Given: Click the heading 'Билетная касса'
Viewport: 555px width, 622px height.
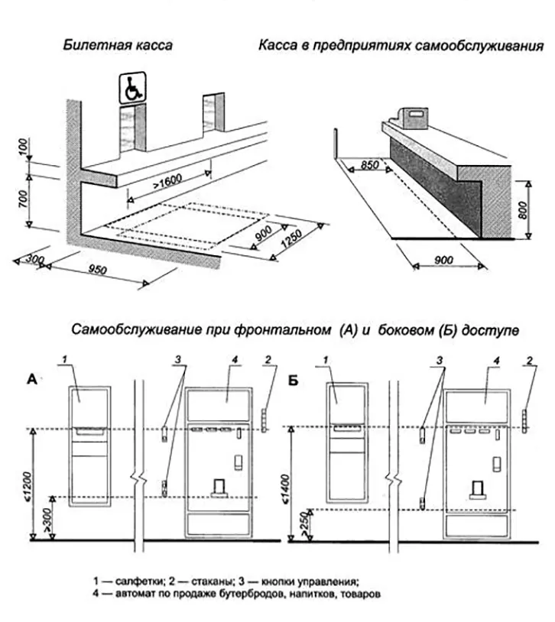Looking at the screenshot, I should click(x=118, y=45).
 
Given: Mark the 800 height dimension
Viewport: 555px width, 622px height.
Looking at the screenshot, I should click(x=522, y=209).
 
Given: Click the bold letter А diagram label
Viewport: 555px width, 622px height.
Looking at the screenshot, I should click(x=33, y=380).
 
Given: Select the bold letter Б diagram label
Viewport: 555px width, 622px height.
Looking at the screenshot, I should click(x=294, y=380).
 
